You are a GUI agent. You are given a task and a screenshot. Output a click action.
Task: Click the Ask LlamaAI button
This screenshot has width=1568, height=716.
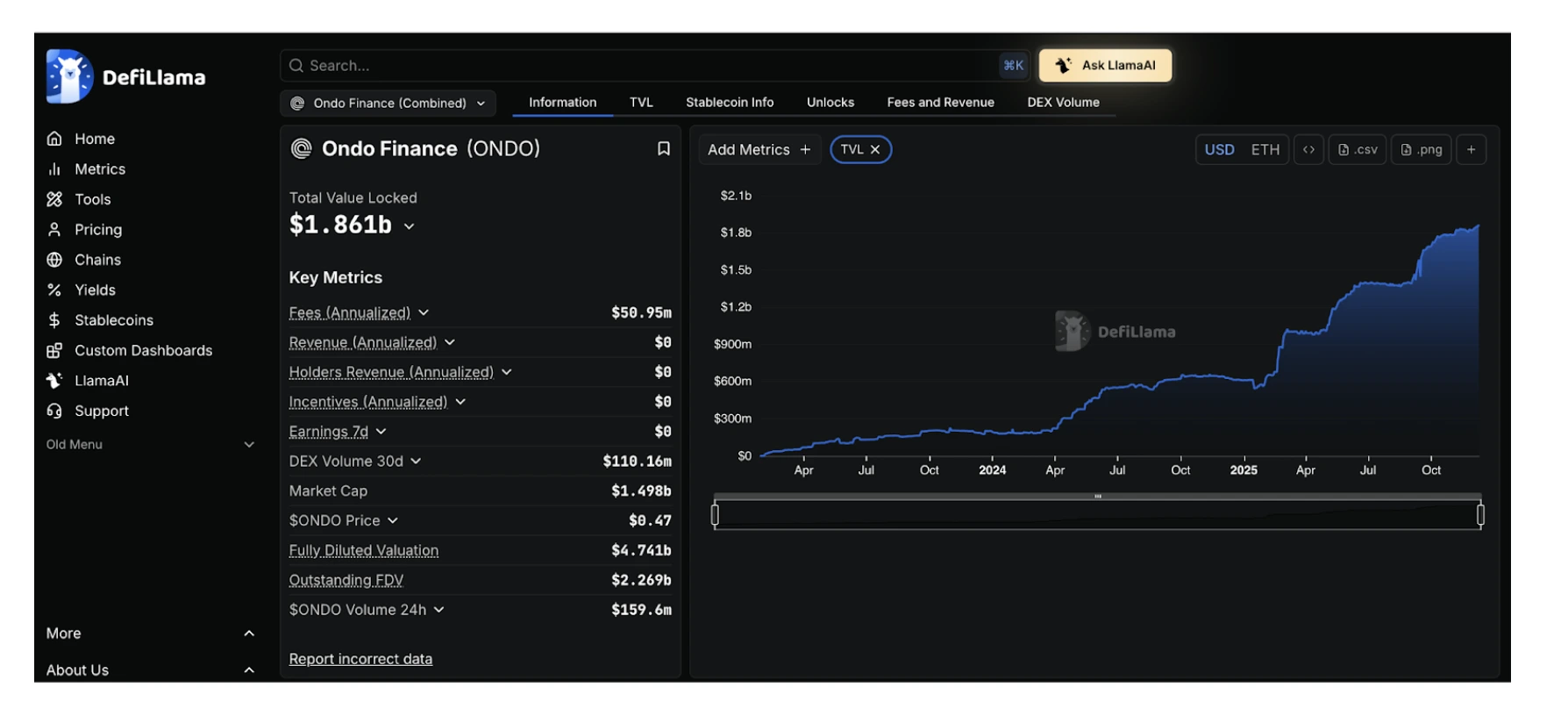click(x=1105, y=65)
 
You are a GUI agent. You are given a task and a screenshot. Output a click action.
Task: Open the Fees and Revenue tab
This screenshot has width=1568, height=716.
click(x=940, y=102)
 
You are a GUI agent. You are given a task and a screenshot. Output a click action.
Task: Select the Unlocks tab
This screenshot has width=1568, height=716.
click(x=830, y=102)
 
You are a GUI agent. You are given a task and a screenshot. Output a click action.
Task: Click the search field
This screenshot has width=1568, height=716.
click(x=640, y=66)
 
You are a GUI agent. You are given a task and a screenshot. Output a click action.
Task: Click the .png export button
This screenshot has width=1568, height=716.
click(x=1422, y=150)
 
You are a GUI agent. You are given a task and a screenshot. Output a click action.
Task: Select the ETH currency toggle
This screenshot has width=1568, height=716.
click(x=1265, y=150)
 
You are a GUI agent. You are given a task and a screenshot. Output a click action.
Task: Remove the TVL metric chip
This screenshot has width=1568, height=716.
click(x=874, y=150)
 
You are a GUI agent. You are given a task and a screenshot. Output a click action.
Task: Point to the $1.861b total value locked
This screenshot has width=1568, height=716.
click(x=340, y=225)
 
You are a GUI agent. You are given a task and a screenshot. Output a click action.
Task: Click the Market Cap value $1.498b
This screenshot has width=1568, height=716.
click(x=641, y=490)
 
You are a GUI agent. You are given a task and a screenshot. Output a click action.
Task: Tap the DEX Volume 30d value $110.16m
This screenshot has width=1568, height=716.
click(x=637, y=461)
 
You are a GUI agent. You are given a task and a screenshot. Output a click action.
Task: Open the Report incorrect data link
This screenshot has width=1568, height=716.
click(x=360, y=659)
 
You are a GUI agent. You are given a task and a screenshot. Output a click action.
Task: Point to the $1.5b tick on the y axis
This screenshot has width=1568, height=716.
click(x=736, y=269)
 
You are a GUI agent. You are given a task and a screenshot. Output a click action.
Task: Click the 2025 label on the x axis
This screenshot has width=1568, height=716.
click(x=1244, y=470)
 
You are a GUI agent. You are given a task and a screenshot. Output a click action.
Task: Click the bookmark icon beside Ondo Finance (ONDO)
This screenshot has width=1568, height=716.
click(x=664, y=149)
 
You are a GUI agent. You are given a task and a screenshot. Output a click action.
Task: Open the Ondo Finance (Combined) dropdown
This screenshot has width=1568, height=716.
click(x=388, y=103)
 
